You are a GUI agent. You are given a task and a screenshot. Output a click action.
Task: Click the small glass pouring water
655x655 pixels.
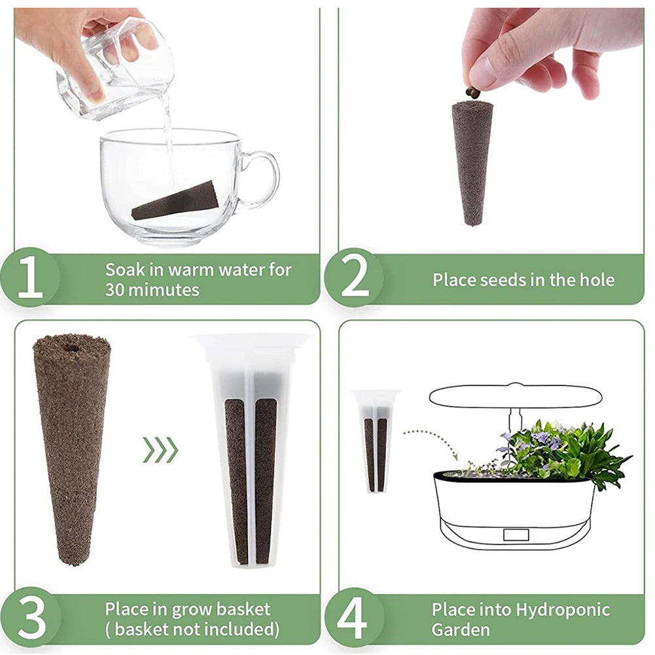point(115,69)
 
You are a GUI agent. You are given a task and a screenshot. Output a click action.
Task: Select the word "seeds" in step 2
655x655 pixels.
point(504,280)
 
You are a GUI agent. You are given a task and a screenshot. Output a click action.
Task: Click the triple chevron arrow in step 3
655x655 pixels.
point(160,450)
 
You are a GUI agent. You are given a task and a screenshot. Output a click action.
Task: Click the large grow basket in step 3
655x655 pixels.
point(253,451)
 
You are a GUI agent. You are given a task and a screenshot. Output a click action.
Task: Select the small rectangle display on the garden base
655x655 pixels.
point(516,534)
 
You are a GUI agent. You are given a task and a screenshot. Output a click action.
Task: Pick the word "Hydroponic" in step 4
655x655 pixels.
point(563,611)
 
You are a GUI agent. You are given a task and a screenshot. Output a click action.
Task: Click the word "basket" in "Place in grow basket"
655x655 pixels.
point(241,609)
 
